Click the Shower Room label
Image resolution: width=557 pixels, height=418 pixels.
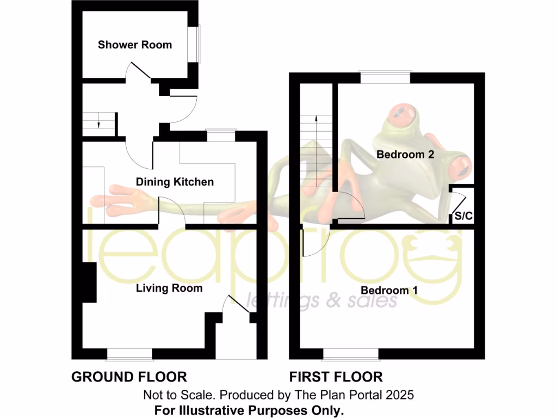(134, 45)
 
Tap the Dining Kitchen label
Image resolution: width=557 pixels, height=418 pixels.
(175, 182)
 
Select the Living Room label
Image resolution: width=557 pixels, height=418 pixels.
(169, 288)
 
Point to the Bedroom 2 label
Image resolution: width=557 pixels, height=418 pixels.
(405, 155)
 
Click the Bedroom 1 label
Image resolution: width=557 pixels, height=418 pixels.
(389, 290)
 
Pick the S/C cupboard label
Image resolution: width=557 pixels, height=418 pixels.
(463, 216)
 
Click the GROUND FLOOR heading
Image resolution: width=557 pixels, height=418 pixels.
(129, 377)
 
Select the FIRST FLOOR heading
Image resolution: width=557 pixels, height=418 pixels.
(336, 377)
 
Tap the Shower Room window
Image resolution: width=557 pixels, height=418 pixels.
(193, 44)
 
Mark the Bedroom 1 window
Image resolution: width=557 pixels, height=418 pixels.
(350, 354)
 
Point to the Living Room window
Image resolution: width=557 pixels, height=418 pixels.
(129, 354)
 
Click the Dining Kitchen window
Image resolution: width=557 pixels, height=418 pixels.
(221, 135)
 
